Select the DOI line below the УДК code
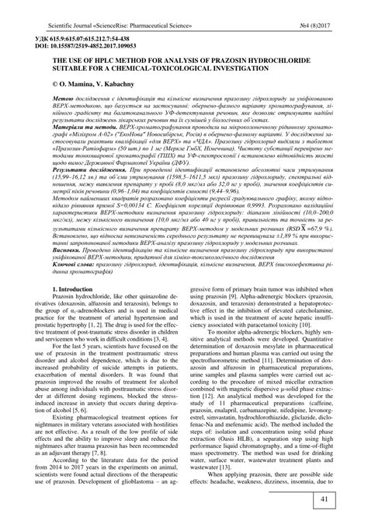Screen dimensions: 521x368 [x=92, y=45]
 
